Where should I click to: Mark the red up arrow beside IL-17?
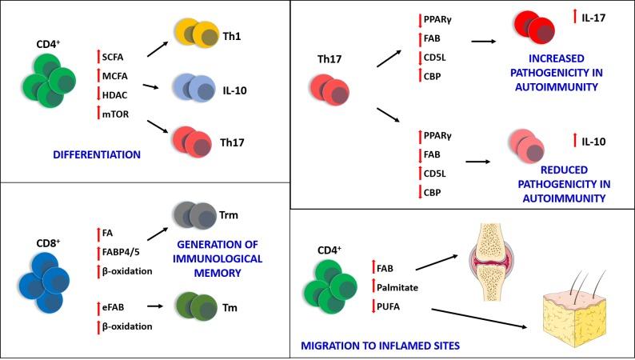coord(575,15)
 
